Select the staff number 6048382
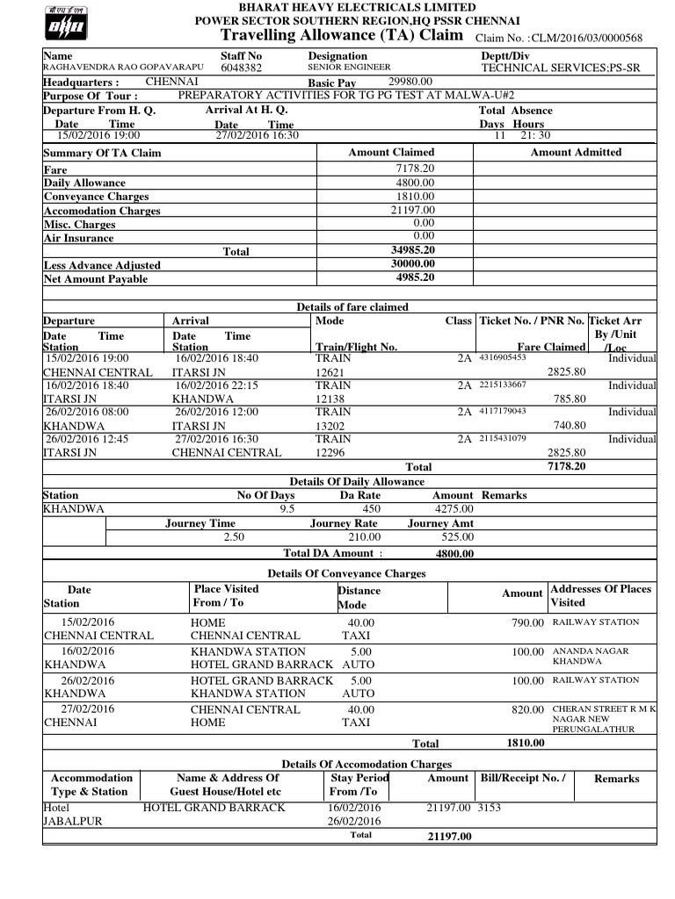[241, 68]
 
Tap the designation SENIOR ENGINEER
[349, 68]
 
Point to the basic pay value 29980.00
[410, 82]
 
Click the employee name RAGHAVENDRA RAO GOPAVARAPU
[123, 68]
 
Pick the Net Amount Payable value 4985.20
[416, 278]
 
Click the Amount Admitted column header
[576, 153]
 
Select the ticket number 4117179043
[503, 411]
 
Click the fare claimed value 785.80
[570, 399]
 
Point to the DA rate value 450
[372, 509]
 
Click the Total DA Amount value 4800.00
[454, 554]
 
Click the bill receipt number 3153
[489, 807]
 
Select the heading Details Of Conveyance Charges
[346, 573]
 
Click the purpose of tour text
[345, 95]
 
